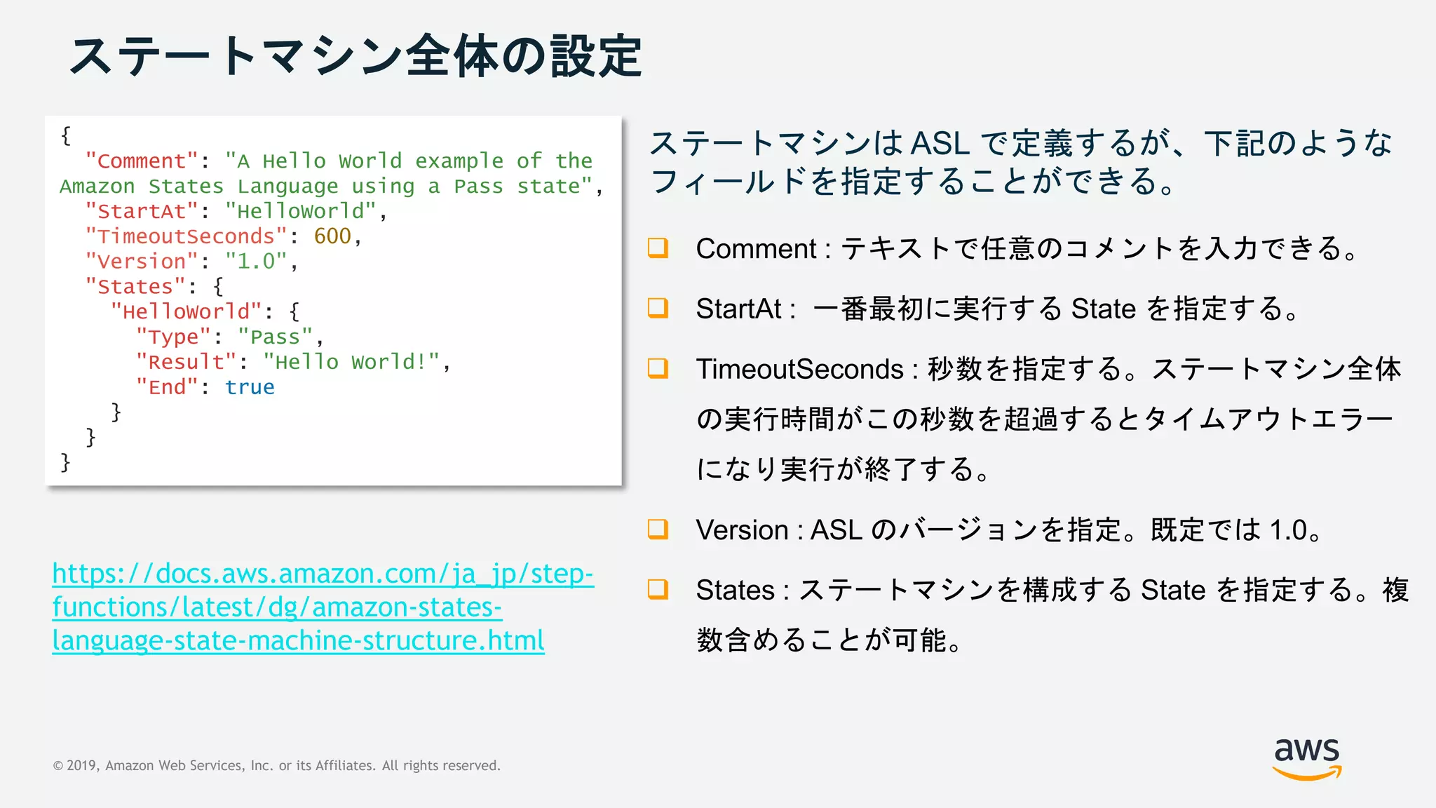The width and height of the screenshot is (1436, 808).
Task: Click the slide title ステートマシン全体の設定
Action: click(x=355, y=56)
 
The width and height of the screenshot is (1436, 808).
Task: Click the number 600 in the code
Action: click(x=332, y=236)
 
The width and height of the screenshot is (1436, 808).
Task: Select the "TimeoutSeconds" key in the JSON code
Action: click(x=186, y=236)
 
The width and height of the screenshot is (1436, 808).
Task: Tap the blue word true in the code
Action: click(x=250, y=387)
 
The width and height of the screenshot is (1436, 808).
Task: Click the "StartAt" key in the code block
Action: click(x=142, y=211)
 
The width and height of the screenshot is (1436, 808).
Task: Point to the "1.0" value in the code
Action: click(x=256, y=262)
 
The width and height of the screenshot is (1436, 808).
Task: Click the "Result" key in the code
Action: click(x=186, y=362)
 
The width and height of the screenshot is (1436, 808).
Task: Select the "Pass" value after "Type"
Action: click(x=275, y=337)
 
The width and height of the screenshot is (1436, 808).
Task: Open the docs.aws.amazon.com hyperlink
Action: click(x=322, y=607)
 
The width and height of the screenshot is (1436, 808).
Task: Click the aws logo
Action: click(x=1306, y=757)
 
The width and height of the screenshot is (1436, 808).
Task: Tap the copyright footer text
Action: click(x=277, y=765)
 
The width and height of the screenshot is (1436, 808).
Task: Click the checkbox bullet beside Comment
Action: click(x=658, y=248)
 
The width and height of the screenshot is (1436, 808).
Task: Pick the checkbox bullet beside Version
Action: click(x=658, y=529)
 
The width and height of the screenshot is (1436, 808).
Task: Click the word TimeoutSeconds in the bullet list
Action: click(x=799, y=369)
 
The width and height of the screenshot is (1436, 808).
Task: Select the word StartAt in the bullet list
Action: click(x=738, y=309)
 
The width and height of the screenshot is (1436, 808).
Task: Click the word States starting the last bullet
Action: click(x=734, y=590)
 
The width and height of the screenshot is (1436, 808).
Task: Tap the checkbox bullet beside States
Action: click(x=658, y=589)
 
